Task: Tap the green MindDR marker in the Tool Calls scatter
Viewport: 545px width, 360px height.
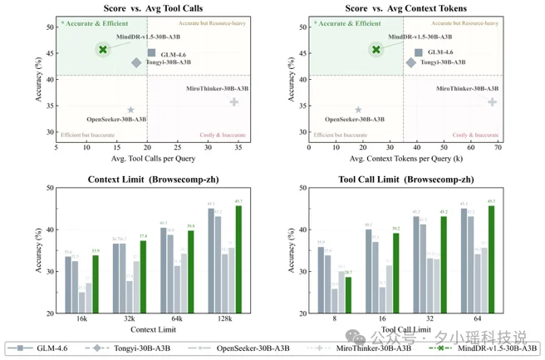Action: pos(102,50)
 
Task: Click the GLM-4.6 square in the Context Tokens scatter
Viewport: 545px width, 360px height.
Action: pos(419,52)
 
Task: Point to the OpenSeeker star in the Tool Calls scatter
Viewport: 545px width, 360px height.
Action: pos(130,110)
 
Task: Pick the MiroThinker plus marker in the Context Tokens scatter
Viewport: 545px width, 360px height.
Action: pos(492,102)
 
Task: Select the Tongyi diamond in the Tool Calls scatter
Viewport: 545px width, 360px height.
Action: pos(136,62)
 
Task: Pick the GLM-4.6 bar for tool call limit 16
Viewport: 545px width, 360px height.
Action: pos(368,271)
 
